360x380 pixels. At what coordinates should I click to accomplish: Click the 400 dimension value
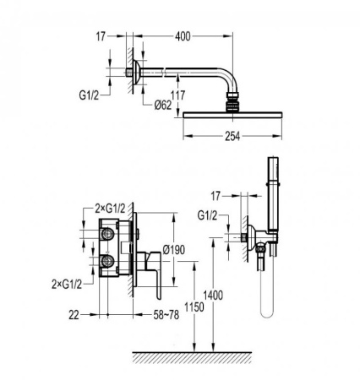[183, 36]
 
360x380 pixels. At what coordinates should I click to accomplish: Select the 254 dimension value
[232, 137]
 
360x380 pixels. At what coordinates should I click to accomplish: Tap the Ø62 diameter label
[163, 106]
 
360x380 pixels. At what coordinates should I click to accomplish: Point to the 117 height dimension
[178, 95]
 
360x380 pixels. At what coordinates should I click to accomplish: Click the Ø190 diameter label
[174, 250]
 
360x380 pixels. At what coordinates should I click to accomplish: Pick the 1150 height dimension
[194, 307]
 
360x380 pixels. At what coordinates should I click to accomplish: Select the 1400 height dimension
[213, 296]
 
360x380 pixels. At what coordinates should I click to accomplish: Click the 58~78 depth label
[166, 315]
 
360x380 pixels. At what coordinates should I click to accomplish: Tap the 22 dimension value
[74, 315]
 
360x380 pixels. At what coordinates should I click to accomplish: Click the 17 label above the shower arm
[101, 36]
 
